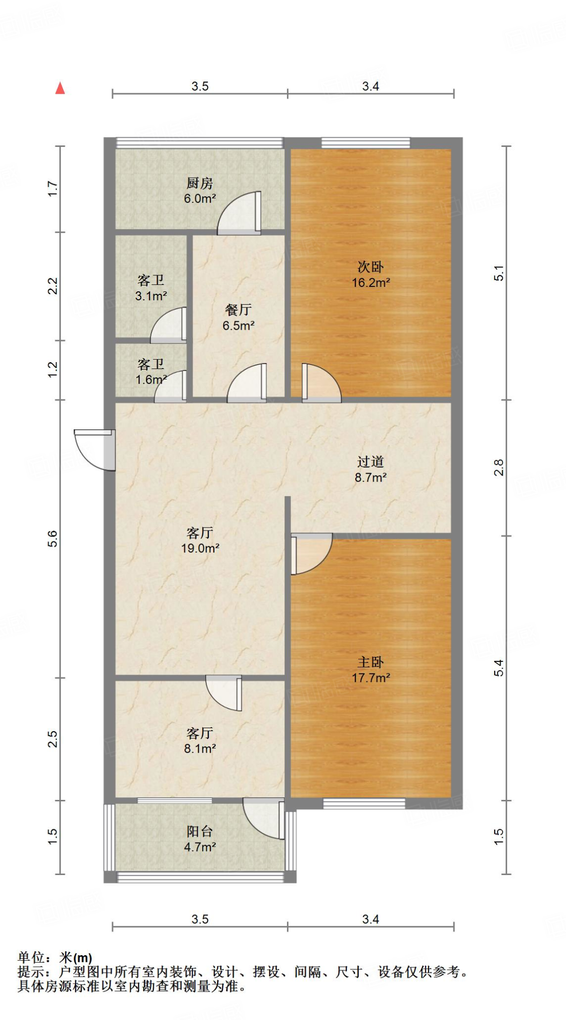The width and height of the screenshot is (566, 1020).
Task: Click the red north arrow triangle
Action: click(60, 89)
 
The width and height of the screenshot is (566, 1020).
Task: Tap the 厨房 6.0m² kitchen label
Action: click(200, 191)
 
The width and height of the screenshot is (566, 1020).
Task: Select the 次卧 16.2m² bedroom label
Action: click(371, 274)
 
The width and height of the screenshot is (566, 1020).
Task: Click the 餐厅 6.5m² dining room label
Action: click(238, 317)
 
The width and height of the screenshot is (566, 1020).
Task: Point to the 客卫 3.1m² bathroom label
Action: click(151, 288)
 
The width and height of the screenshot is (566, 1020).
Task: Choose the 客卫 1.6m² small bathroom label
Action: click(151, 372)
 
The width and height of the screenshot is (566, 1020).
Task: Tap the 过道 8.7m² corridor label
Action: click(371, 469)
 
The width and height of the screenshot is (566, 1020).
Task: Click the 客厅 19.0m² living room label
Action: click(200, 540)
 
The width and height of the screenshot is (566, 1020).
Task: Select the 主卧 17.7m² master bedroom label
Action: click(371, 670)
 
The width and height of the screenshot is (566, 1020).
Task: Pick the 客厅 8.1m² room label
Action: click(200, 741)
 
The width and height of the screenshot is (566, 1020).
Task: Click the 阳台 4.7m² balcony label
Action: click(200, 839)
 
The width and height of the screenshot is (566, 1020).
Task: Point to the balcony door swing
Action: click(265, 818)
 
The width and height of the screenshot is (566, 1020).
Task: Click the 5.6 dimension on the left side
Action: click(53, 539)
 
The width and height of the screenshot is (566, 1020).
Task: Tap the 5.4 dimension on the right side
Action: click(499, 668)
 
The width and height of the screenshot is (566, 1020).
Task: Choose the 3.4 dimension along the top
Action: click(371, 87)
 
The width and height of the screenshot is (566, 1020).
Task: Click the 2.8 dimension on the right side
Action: click(499, 468)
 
